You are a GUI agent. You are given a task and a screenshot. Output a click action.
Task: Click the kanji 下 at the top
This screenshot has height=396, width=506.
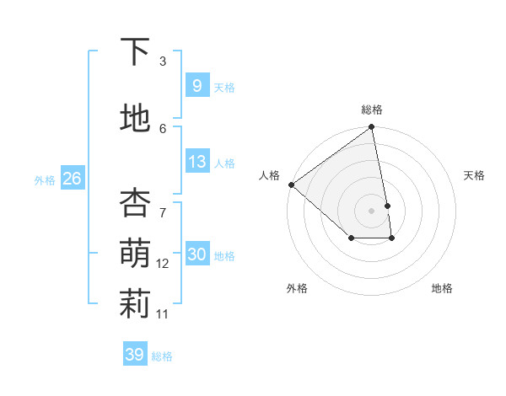(x=135, y=52)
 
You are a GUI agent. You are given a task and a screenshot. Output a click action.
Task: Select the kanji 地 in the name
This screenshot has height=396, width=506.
(x=135, y=119)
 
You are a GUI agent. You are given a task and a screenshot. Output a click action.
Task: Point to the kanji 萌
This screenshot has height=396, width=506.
(x=135, y=254)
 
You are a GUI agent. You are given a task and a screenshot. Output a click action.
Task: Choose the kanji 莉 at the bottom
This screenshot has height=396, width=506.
(x=135, y=305)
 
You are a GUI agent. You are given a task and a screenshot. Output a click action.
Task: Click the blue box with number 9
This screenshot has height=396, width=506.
(x=196, y=85)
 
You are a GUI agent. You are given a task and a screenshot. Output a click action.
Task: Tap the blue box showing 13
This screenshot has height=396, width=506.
(x=196, y=162)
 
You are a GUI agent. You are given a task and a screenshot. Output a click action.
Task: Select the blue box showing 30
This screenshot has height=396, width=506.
(x=196, y=254)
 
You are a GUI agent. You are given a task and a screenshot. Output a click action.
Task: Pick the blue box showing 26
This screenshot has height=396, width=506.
(x=72, y=178)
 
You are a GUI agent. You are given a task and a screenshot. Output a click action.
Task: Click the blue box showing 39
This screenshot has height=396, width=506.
(x=134, y=355)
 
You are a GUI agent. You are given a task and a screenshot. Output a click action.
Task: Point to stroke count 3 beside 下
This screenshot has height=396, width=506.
(x=163, y=62)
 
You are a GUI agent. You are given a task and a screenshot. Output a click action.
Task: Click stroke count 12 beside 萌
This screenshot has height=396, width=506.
(x=163, y=264)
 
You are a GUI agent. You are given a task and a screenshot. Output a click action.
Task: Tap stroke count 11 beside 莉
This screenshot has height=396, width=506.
(x=163, y=314)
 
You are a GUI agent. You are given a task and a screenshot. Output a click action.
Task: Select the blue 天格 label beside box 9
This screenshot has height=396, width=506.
(x=224, y=87)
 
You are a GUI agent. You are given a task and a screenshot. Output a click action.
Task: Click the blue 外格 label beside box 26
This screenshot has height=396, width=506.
(x=45, y=179)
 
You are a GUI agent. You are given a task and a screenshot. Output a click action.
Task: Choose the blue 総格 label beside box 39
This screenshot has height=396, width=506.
(x=162, y=356)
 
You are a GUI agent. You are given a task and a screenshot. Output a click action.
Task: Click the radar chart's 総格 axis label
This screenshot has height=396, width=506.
(x=372, y=110)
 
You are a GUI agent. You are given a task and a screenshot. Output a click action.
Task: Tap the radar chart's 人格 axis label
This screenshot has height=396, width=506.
(x=269, y=175)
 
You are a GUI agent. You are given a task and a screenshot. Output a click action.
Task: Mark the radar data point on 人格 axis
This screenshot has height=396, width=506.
(x=291, y=185)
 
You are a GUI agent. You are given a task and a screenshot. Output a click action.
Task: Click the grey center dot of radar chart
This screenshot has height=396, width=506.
(x=371, y=210)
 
